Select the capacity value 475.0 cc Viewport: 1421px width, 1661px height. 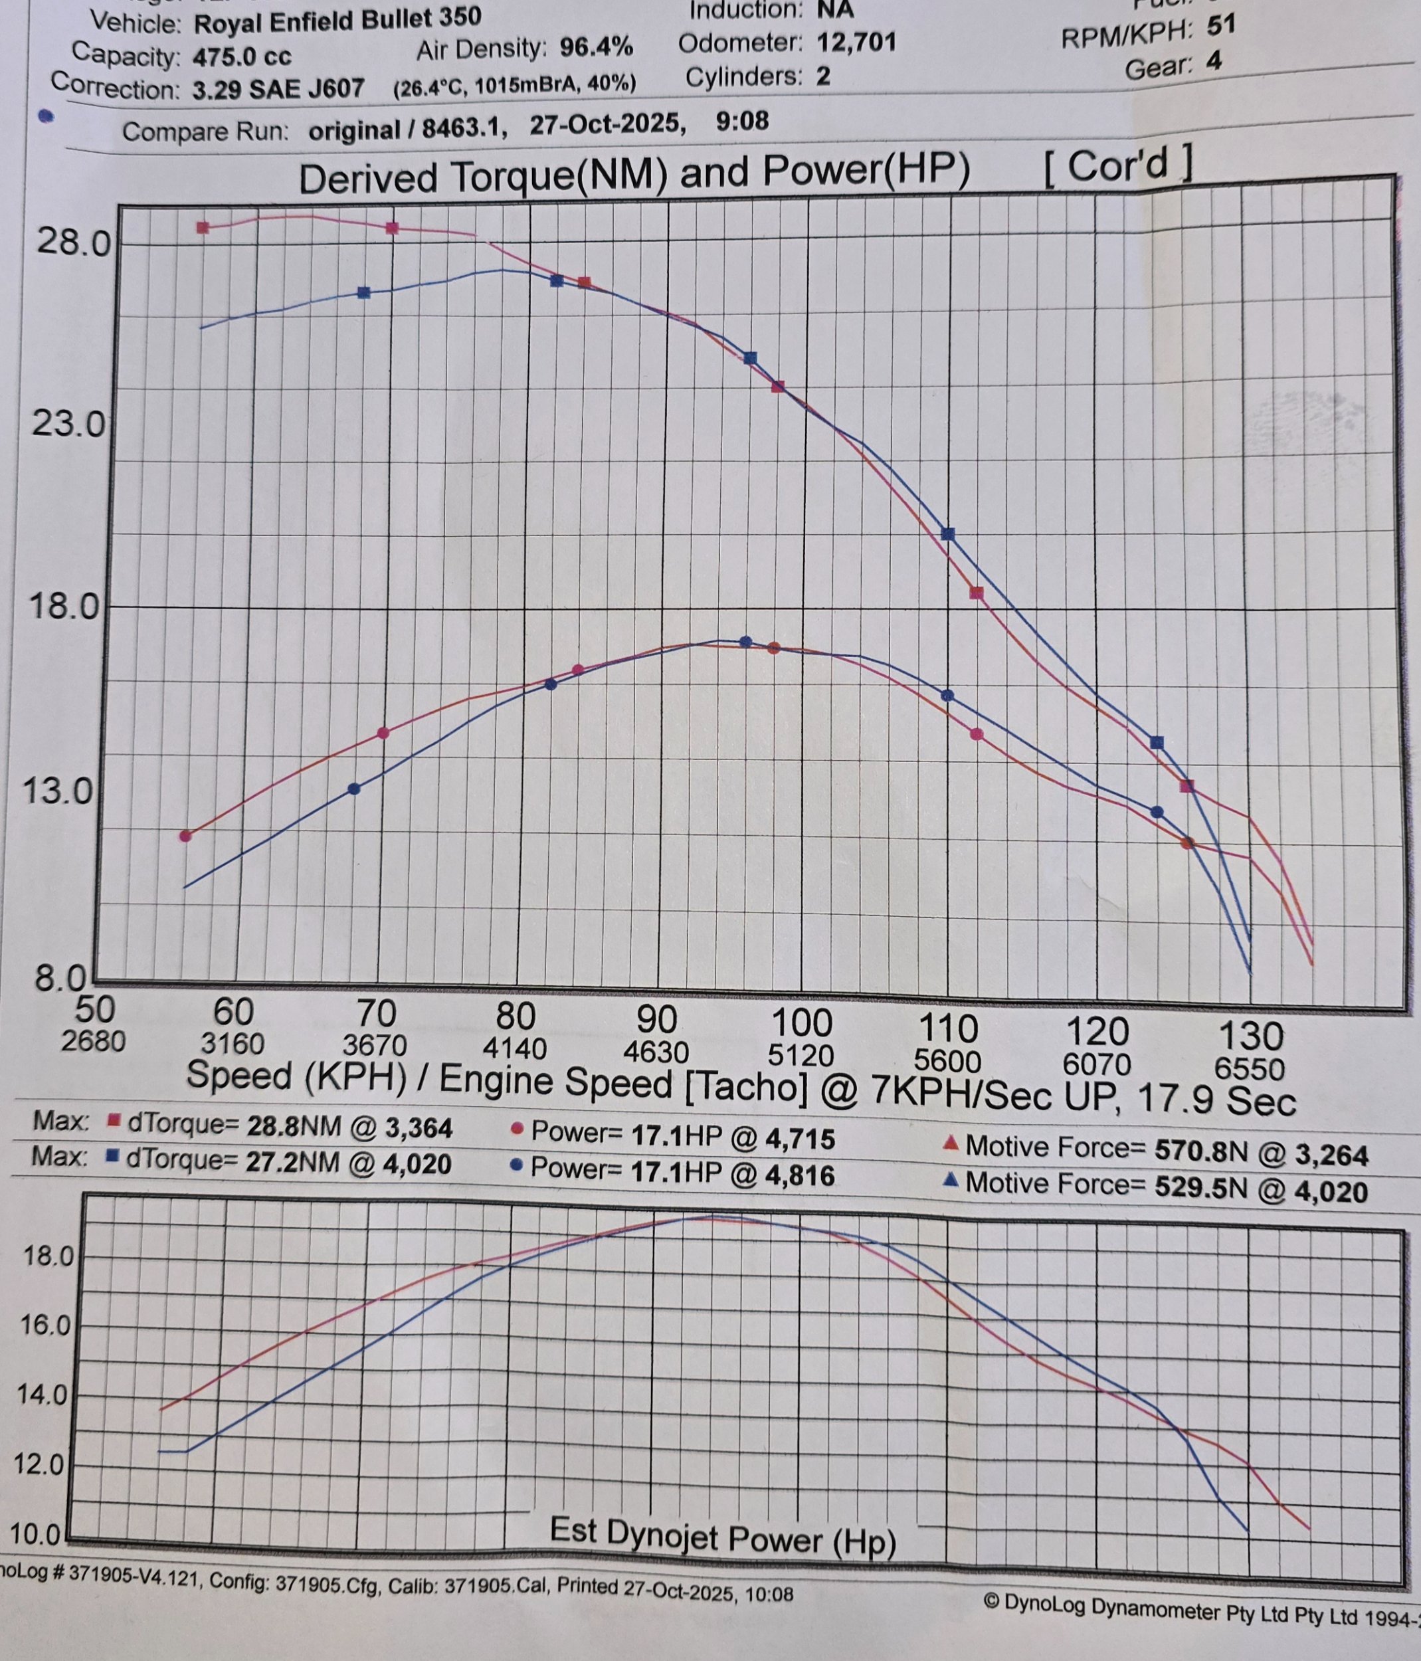click(242, 56)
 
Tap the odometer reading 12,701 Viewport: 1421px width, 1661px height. click(856, 41)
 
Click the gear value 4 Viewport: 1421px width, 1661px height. click(1214, 61)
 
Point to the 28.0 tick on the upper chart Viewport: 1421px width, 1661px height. click(72, 242)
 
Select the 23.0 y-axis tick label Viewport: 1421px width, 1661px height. click(69, 424)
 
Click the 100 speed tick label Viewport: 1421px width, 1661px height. click(801, 1024)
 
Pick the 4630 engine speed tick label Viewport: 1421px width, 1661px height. click(656, 1051)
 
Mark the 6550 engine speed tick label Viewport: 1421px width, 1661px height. click(1250, 1068)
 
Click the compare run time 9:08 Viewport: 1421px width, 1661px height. click(742, 122)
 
